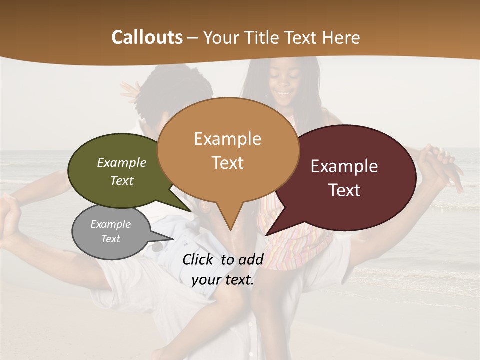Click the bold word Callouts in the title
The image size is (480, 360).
(147, 37)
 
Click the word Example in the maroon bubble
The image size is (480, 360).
(344, 166)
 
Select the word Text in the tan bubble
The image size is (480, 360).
(227, 163)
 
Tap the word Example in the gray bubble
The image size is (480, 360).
(110, 224)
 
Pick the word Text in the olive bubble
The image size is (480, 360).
(122, 181)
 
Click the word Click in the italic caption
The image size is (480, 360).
(199, 259)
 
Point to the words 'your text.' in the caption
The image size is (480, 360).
(223, 280)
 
